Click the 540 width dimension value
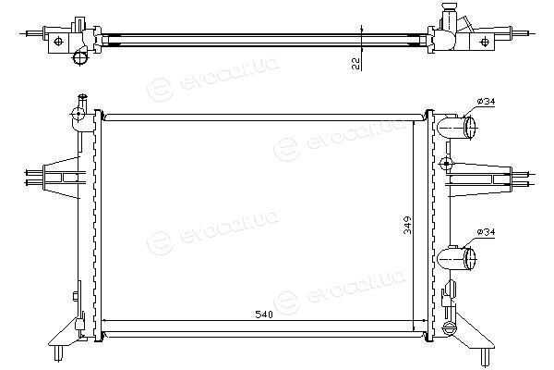pos(264,314)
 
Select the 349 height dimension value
pos(408,225)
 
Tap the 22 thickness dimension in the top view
pos(355,64)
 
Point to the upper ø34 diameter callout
pos(486,102)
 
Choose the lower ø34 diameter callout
pos(486,232)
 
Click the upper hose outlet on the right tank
pos(456,128)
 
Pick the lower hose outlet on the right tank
pos(456,258)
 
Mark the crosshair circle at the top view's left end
pos(59,42)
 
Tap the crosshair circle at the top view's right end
pos(485,42)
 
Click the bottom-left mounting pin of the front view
pos(59,353)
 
